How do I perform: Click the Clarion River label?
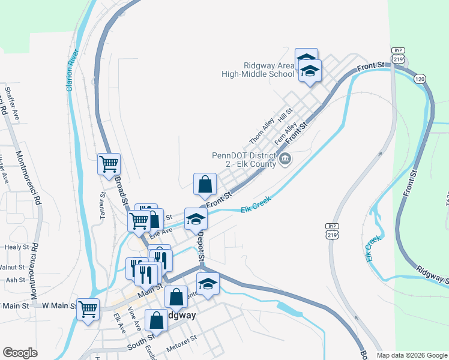click(x=73, y=70)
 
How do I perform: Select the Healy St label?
click(x=17, y=247)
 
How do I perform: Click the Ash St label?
click(x=15, y=280)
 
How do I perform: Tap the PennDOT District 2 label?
click(x=243, y=159)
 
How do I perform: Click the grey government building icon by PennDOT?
click(x=285, y=159)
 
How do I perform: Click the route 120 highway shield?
click(x=420, y=79)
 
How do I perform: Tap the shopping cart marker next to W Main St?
click(x=88, y=310)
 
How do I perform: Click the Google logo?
click(x=20, y=353)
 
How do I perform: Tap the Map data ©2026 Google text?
click(x=411, y=355)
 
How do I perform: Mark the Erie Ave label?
click(x=161, y=231)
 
